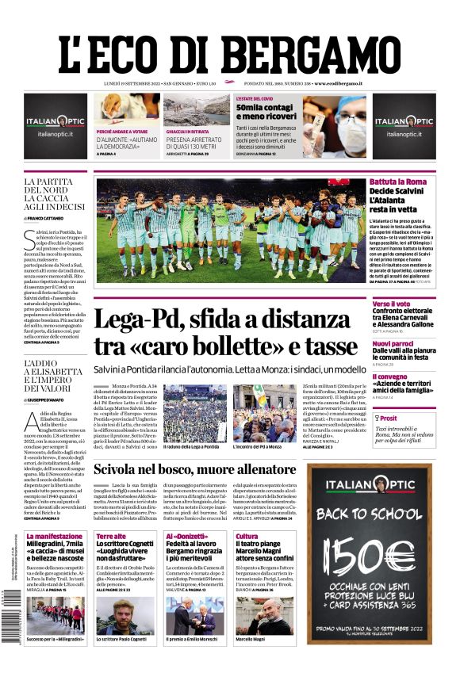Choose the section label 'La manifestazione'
coord(54,537)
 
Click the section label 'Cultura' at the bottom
coord(247,537)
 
